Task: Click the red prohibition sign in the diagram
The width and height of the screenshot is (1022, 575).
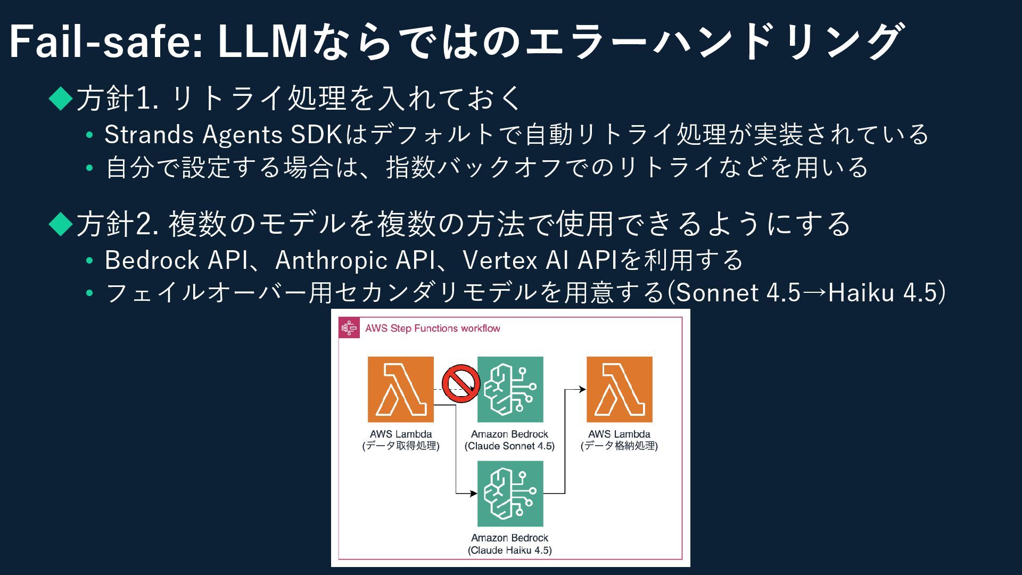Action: [461, 383]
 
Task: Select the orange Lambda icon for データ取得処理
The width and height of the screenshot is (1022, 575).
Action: [400, 389]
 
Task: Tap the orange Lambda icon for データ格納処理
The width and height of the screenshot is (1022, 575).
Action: [619, 389]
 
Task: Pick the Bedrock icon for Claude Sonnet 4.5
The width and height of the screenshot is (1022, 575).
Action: [510, 389]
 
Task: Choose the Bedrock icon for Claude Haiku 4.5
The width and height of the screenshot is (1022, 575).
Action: [510, 494]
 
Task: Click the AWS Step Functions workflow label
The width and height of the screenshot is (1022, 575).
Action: [432, 328]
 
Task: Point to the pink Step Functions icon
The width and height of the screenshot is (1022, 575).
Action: [349, 328]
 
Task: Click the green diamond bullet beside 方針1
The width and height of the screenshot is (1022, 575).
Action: [61, 98]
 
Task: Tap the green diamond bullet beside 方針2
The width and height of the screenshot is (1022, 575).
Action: [61, 224]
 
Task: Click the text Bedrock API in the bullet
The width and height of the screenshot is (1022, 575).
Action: [176, 260]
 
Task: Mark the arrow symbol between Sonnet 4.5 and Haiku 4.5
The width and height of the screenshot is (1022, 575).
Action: [814, 292]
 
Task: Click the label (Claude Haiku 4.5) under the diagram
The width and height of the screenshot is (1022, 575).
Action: [509, 550]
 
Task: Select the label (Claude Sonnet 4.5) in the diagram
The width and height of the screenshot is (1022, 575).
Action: [509, 446]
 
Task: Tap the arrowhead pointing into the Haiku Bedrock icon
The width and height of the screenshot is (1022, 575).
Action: [474, 494]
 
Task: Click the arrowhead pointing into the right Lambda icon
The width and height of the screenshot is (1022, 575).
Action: [583, 389]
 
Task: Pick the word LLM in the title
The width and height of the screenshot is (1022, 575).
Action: [263, 42]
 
